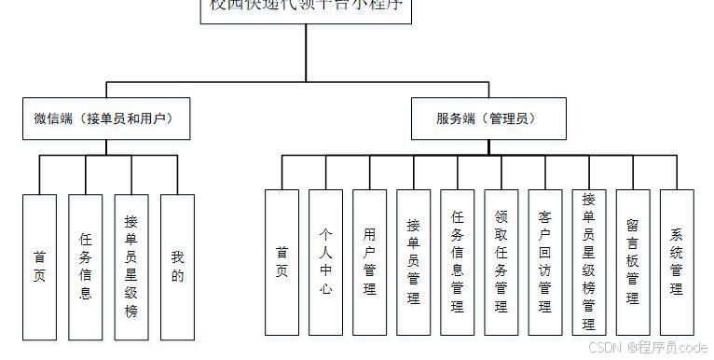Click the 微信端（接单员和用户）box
103,119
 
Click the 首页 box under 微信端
39,266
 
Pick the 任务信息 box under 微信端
86,266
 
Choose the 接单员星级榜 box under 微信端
131,266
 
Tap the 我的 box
177,266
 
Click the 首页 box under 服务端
281,262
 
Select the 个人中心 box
325,262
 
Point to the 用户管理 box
369,262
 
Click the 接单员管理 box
413,262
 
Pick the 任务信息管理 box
458,262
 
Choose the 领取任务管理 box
501,262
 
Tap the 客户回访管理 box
545,262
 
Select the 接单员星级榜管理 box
589,262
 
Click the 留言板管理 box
633,262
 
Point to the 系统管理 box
677,262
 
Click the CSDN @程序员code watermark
648,347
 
